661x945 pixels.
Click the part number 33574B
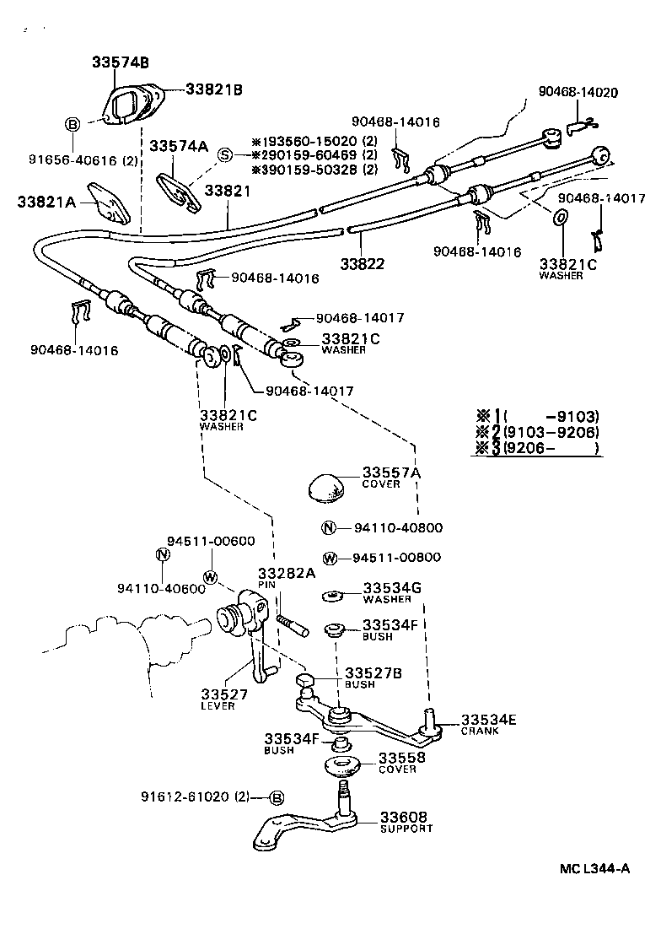(x=121, y=63)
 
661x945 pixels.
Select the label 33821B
(x=214, y=90)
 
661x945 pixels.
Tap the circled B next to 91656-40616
(x=73, y=124)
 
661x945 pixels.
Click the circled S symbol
(x=225, y=154)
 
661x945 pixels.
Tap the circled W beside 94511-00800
(x=330, y=558)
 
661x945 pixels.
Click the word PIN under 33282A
(x=267, y=583)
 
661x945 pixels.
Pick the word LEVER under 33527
(x=218, y=705)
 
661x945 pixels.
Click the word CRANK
(x=480, y=731)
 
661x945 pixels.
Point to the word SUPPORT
(x=406, y=829)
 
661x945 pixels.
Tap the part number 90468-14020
(x=579, y=92)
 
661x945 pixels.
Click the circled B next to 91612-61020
(x=277, y=797)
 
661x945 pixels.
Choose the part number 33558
(x=401, y=758)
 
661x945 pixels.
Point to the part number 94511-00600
(x=198, y=541)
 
